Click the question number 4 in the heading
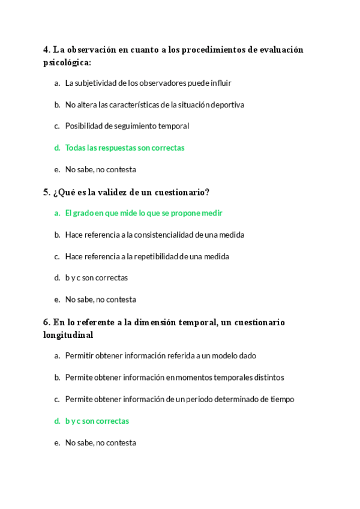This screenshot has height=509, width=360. click(46, 50)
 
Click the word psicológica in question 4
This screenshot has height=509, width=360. click(66, 62)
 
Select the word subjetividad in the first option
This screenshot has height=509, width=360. click(97, 83)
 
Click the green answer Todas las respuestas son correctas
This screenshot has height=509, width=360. click(125, 148)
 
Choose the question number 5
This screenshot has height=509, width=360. click(46, 192)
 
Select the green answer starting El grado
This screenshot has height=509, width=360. click(143, 213)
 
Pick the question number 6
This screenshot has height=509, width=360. click(46, 322)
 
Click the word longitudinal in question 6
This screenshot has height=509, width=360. click(68, 335)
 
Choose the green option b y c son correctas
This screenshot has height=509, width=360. click(97, 421)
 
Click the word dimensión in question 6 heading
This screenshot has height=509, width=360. click(158, 322)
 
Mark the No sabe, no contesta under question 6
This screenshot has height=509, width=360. click(100, 443)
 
